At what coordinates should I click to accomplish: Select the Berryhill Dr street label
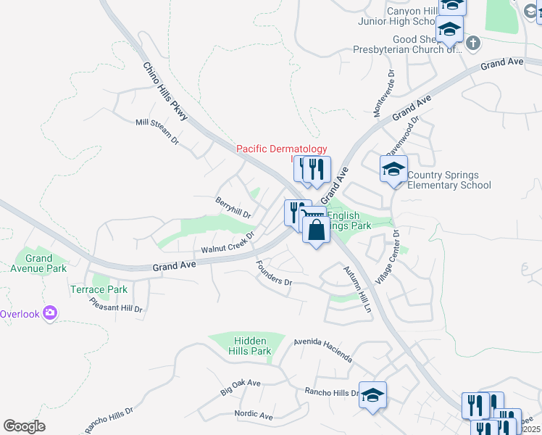[x=233, y=208]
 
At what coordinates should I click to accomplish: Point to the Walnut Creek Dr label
[x=228, y=244]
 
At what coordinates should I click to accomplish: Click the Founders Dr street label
[x=273, y=273]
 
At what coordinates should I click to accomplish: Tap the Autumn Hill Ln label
[x=360, y=289]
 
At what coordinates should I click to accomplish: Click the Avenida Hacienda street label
[x=323, y=349]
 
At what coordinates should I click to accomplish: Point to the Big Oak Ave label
[x=240, y=387]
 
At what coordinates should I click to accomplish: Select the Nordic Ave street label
[x=254, y=415]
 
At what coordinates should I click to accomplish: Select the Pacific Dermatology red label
[x=282, y=149]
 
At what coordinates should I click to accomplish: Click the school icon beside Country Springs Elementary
[x=393, y=170]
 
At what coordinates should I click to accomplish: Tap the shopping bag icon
[x=316, y=231]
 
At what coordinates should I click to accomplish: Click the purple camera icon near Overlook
[x=50, y=313]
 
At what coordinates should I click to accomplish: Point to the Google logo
[x=24, y=426]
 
